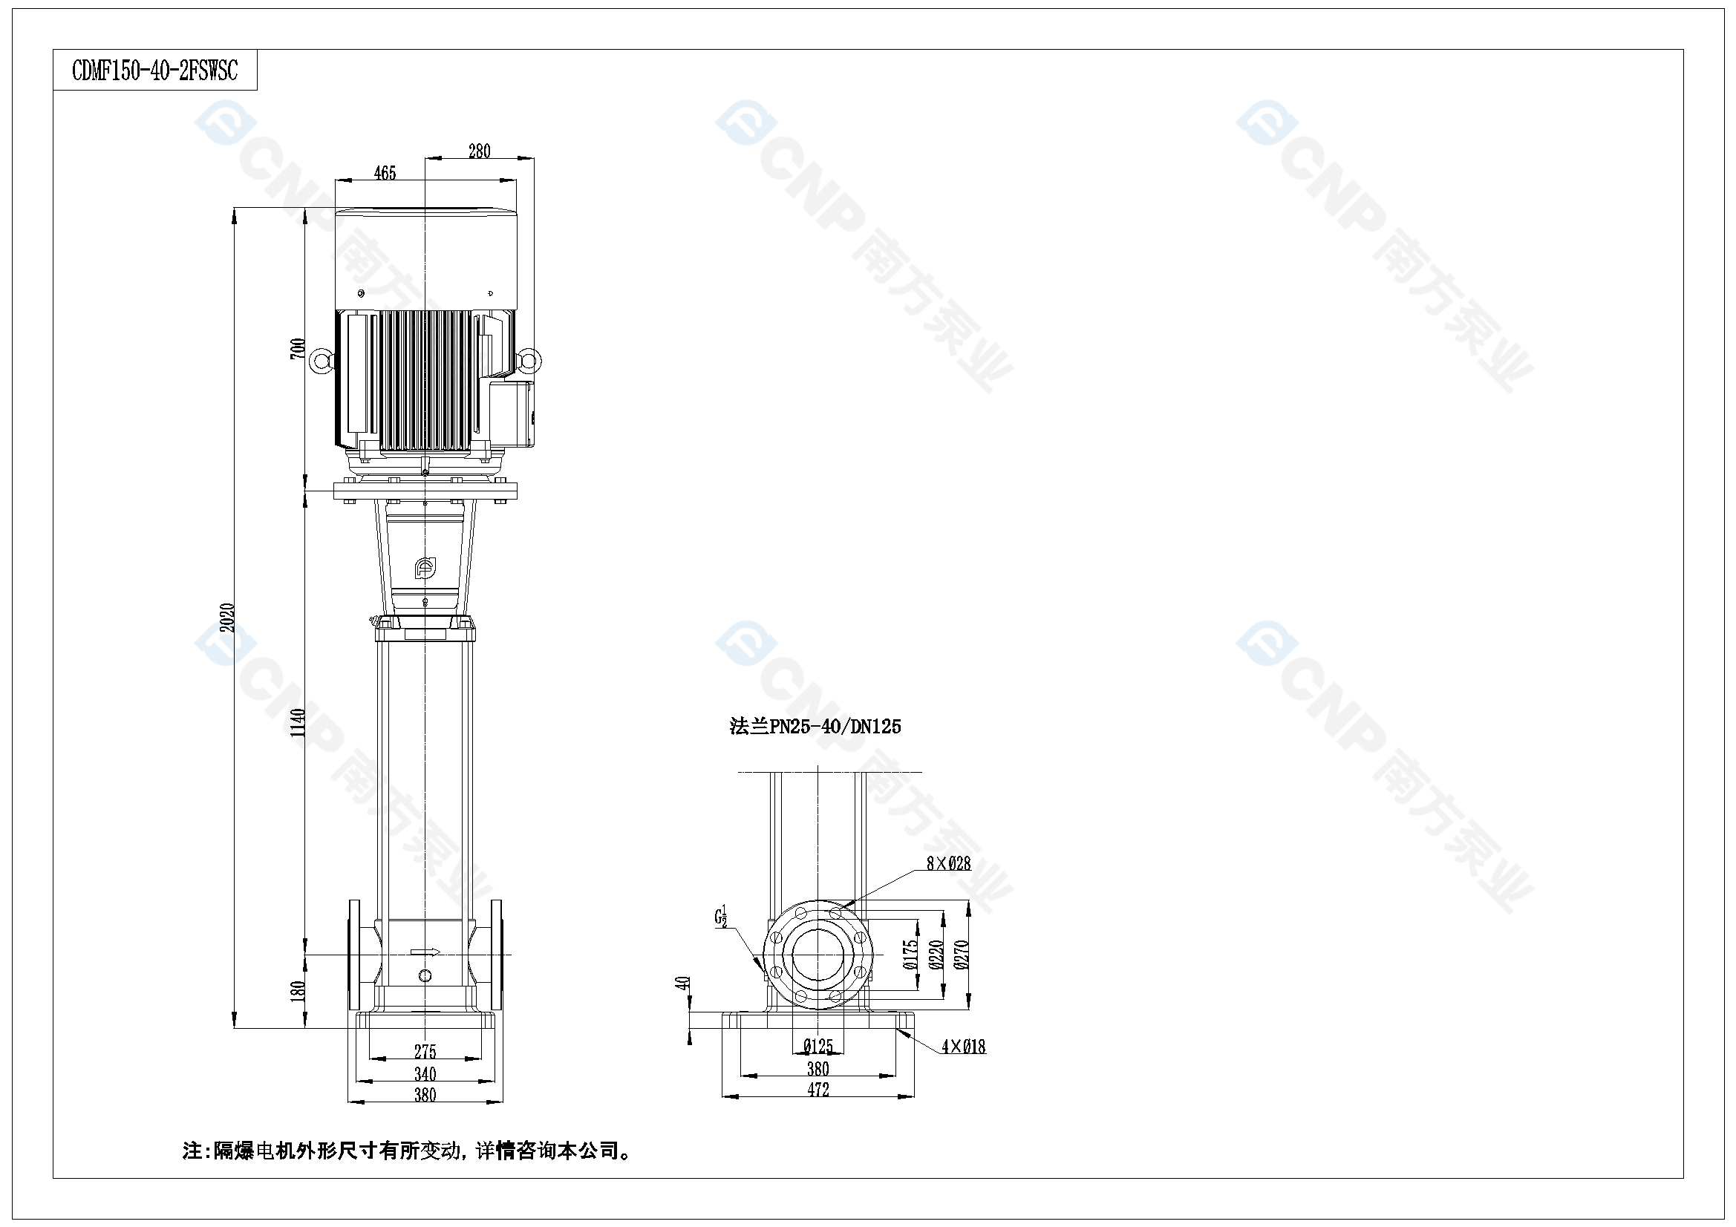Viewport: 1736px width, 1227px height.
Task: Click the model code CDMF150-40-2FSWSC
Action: coord(154,71)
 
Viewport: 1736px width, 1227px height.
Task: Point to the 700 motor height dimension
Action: coord(298,349)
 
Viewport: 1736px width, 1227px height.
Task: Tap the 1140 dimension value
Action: coord(298,723)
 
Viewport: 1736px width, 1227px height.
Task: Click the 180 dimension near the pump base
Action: coord(298,991)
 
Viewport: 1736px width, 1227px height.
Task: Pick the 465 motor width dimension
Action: coord(385,173)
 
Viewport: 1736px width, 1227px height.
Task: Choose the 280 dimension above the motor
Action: coord(480,151)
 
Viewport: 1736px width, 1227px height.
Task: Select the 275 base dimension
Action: coord(425,1052)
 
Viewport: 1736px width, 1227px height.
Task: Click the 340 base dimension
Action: coord(425,1073)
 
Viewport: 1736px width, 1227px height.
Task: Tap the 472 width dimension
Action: coord(818,1090)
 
